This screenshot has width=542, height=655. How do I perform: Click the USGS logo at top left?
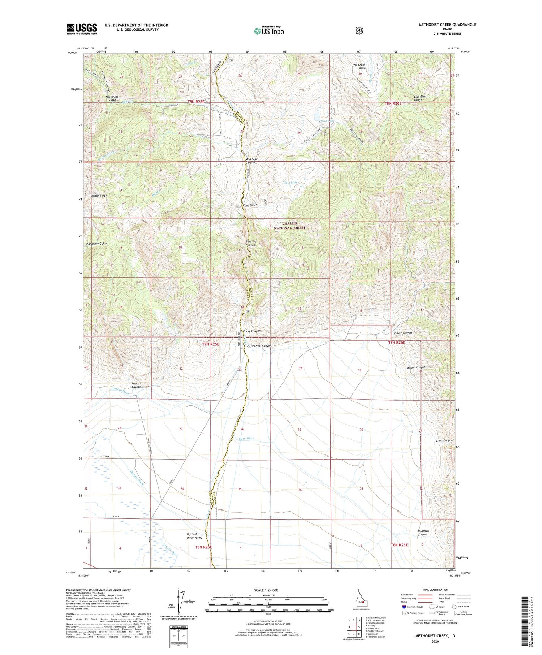[82, 29]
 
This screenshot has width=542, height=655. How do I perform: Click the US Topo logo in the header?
[269, 31]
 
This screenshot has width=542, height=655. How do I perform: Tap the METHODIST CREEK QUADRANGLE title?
[447, 25]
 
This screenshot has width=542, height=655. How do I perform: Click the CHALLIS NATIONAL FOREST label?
[289, 226]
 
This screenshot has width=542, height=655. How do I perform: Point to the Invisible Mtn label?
[99, 195]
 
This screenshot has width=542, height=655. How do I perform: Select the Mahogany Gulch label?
[96, 244]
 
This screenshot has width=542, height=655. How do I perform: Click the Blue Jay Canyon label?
[250, 243]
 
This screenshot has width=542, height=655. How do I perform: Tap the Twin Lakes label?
[291, 182]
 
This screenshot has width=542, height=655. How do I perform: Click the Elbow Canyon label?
[403, 333]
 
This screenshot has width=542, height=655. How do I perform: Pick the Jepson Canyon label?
[416, 367]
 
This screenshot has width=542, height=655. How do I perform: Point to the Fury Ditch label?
[246, 439]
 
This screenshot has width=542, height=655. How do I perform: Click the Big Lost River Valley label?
[194, 536]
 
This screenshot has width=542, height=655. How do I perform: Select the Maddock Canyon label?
[423, 533]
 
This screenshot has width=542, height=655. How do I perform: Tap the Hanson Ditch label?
[120, 391]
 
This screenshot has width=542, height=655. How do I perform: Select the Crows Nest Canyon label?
[259, 346]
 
